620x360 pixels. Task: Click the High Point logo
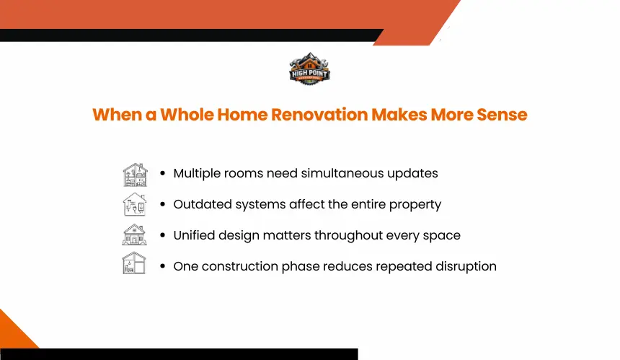tap(309, 69)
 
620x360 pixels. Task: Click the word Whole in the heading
tap(187, 115)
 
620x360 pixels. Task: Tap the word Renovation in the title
tap(319, 115)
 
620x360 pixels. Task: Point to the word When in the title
tap(117, 115)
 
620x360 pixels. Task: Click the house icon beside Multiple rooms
tap(135, 175)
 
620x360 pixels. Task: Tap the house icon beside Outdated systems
tap(135, 204)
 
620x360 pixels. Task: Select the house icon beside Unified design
tap(134, 234)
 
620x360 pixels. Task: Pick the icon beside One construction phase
tap(134, 263)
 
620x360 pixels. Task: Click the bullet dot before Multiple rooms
tap(162, 173)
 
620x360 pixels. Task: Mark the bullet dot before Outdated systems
tap(162, 204)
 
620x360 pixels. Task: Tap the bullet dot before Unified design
tap(162, 235)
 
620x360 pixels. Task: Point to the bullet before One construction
tap(162, 266)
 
